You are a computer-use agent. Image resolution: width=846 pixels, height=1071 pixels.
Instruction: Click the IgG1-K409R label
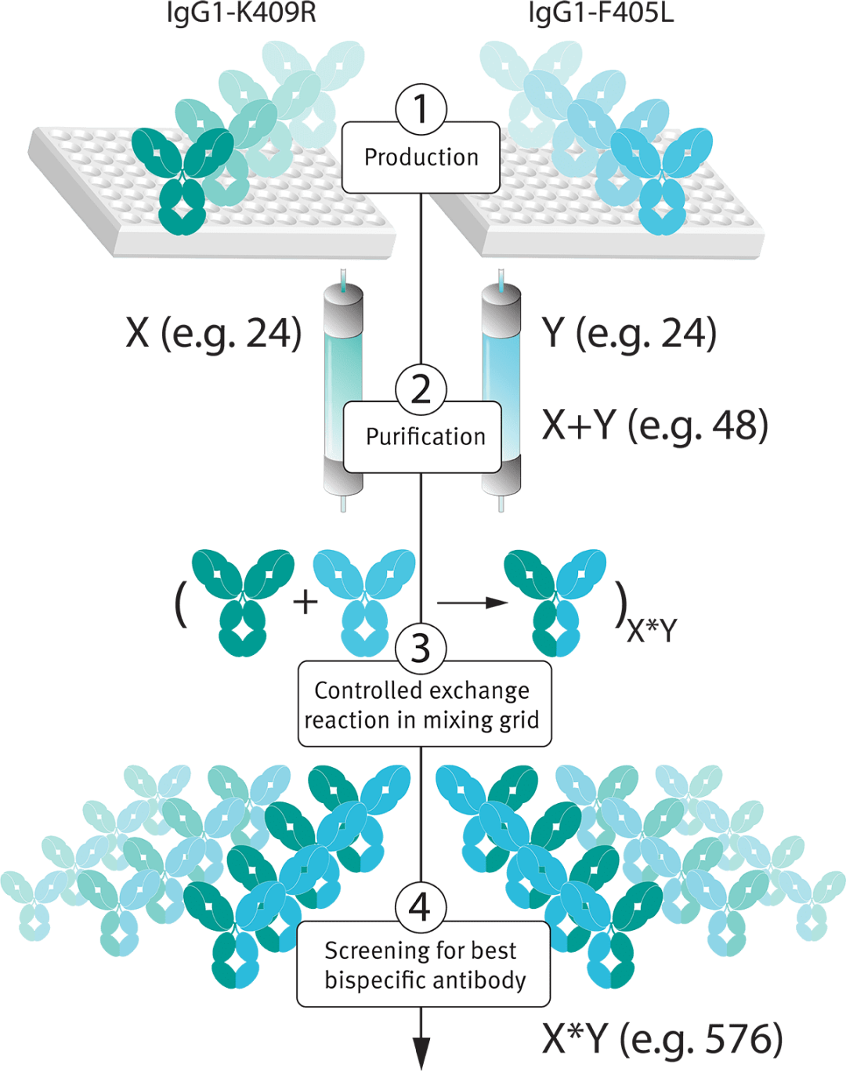coord(241,13)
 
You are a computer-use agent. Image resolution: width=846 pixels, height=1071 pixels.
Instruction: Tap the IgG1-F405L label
coord(601,13)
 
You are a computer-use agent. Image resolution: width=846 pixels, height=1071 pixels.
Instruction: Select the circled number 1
coord(421,109)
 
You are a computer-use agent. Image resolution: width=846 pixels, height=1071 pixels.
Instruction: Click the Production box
coord(421,158)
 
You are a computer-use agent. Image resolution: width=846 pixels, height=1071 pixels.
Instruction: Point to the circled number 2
coord(421,389)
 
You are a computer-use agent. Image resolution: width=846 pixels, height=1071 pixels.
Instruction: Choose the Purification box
coord(423,437)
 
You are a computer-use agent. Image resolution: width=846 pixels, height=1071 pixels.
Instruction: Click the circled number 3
coord(421,649)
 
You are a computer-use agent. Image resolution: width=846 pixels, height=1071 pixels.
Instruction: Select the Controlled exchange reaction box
coord(424,705)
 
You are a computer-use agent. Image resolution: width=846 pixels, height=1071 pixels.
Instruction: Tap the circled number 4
coord(420,908)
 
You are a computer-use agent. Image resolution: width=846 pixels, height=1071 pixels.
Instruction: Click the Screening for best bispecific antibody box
coord(424,965)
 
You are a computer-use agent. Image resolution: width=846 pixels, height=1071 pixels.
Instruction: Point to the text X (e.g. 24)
coord(214,333)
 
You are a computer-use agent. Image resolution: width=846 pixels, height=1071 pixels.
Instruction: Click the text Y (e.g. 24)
coord(629,333)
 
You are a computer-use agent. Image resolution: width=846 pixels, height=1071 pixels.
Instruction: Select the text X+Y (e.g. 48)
coord(655,425)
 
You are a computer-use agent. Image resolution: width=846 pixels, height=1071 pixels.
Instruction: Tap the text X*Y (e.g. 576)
coord(662,1039)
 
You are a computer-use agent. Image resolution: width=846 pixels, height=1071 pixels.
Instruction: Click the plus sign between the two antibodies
coord(305,602)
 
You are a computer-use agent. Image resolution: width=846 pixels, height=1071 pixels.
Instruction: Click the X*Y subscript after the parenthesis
coord(652,630)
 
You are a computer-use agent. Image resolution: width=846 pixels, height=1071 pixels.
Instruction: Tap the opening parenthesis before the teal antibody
coord(181,603)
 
